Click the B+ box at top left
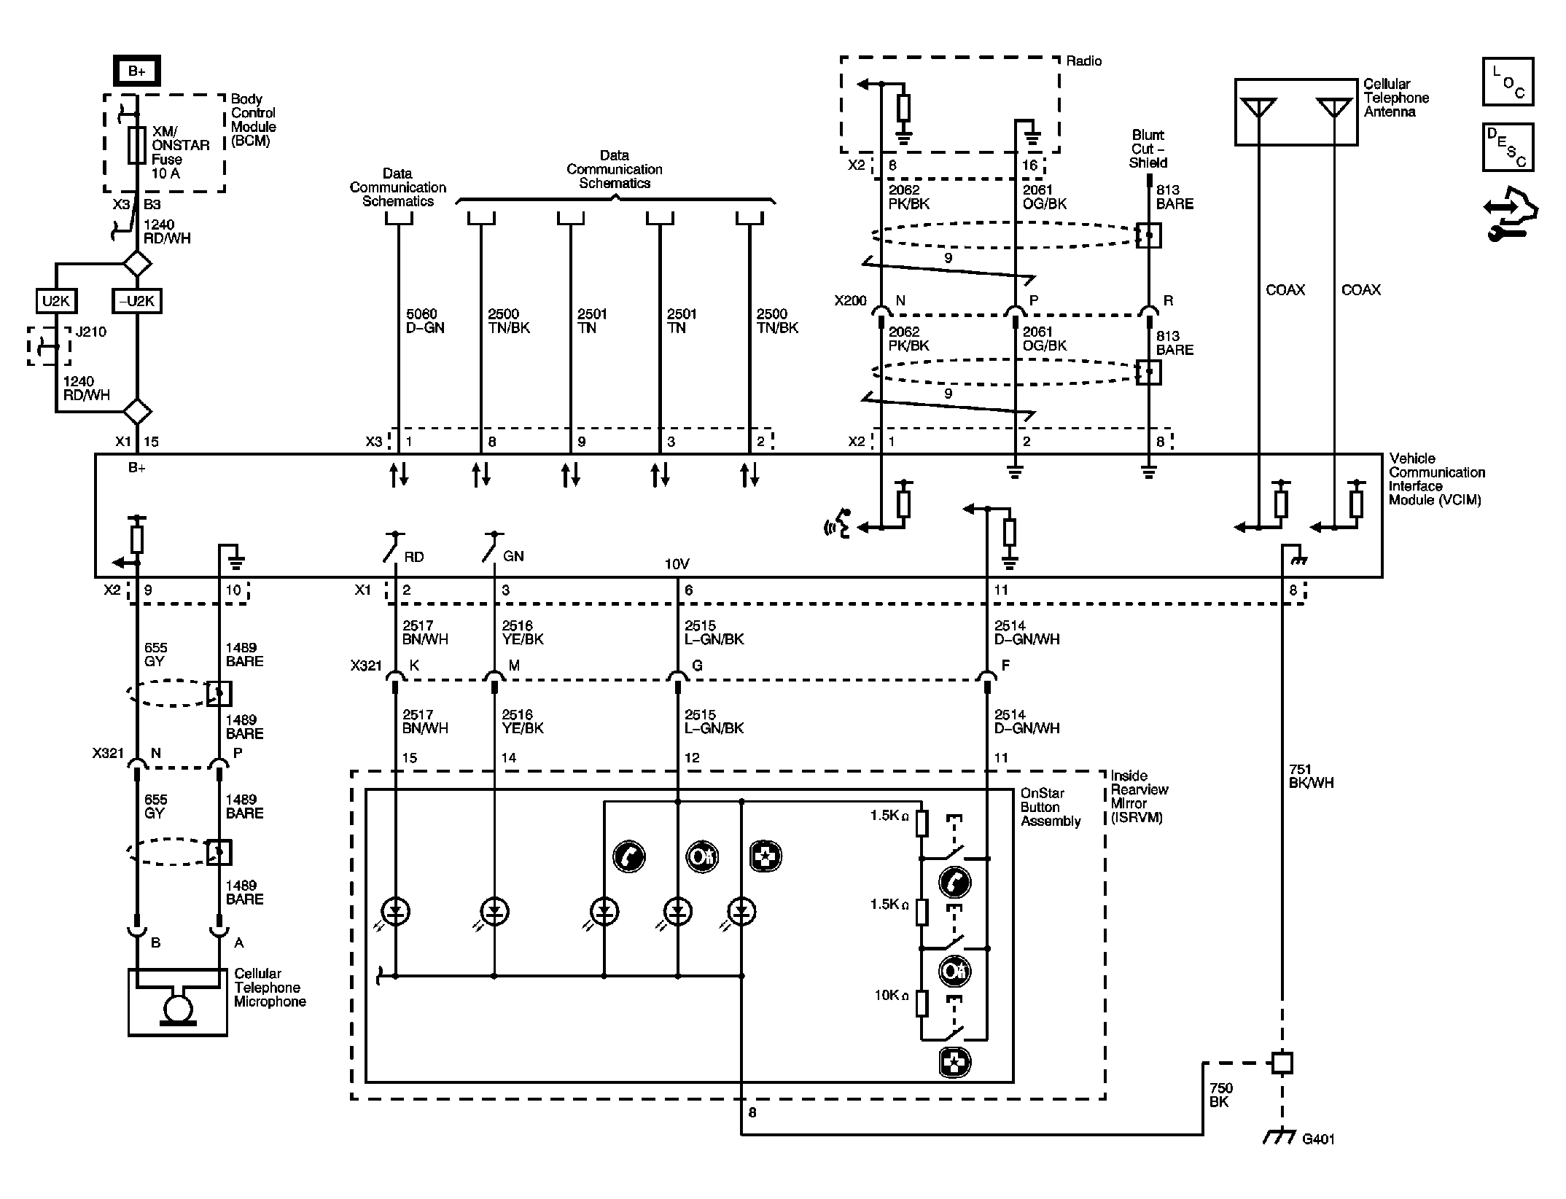coord(136,71)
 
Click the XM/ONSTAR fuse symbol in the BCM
coord(136,144)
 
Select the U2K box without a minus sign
coord(56,300)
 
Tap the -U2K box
coord(137,300)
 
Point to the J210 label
coord(90,332)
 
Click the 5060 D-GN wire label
coord(425,321)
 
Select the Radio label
coord(1084,61)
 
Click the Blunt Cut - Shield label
coord(1148,149)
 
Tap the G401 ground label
coord(1318,1139)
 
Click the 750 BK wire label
coord(1221,1095)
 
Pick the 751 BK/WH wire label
coord(1311,776)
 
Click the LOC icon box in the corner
coord(1508,82)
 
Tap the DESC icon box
coord(1508,147)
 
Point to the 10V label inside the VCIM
coord(677,564)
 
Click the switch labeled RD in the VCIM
coord(394,547)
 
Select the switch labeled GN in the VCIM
coord(493,547)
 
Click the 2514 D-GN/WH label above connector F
coord(1027,633)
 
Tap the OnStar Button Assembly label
coord(1050,807)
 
